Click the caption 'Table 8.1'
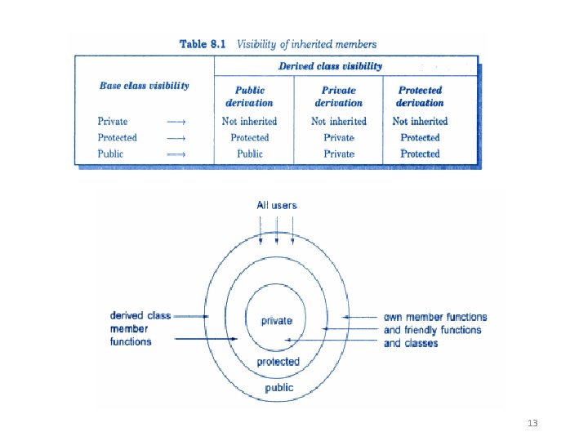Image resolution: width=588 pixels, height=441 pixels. [204, 44]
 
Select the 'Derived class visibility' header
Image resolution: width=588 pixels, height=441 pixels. [330, 67]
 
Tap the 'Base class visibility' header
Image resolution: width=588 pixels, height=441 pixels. [144, 85]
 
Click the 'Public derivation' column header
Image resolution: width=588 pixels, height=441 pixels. [249, 96]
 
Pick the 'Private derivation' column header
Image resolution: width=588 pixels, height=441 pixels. [339, 96]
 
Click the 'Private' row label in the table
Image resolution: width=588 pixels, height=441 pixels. [113, 121]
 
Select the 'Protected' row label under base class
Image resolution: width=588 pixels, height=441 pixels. [117, 137]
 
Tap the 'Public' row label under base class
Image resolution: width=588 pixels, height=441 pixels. [110, 154]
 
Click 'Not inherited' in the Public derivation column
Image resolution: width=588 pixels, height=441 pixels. [249, 121]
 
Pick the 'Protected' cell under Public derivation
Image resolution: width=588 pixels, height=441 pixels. [249, 137]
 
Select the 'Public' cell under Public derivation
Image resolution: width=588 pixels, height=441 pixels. [250, 154]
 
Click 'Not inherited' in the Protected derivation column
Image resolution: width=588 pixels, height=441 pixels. [420, 121]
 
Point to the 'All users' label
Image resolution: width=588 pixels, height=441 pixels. [277, 205]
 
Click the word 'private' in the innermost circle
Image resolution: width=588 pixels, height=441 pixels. [277, 321]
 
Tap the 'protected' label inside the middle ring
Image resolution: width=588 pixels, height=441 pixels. [278, 362]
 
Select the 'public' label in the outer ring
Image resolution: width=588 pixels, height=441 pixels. [278, 388]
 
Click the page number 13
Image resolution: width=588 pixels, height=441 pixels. [532, 423]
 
